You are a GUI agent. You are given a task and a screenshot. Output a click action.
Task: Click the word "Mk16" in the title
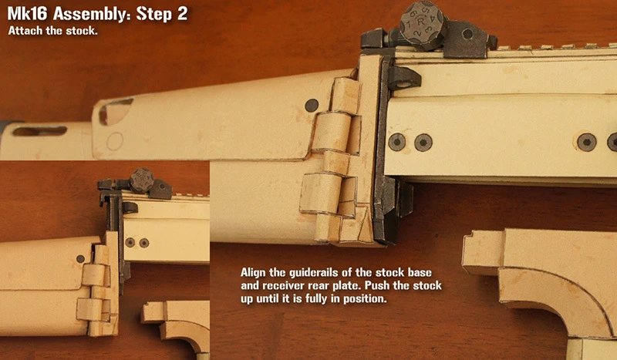coord(27,14)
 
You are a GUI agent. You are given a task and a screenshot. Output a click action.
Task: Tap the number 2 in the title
coord(182,14)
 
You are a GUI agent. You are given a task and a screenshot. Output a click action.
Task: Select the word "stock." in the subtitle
coord(82,31)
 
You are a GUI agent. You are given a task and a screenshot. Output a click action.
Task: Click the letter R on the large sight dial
coord(421,22)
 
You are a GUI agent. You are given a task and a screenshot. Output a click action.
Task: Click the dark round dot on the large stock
coord(312,105)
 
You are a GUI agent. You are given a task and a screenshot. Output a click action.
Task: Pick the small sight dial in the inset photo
coord(142,180)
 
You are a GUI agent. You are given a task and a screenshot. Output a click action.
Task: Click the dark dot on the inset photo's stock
coord(80,259)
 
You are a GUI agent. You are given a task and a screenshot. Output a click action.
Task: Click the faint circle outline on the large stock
coord(115,141)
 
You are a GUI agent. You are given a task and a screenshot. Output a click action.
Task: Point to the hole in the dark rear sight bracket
coord(467,34)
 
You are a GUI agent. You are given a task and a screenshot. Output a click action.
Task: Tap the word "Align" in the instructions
coord(253,273)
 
